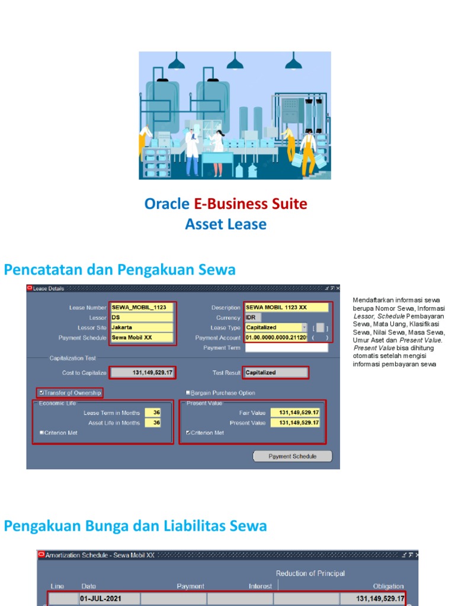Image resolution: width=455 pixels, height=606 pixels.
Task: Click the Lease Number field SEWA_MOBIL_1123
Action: coord(142,308)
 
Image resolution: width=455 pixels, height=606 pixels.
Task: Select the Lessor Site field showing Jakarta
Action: coord(142,327)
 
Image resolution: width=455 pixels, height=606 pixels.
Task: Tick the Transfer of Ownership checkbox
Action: coord(41,392)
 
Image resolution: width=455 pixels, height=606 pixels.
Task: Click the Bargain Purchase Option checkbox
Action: coord(188,392)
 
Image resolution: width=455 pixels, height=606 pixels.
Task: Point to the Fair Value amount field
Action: coord(295,412)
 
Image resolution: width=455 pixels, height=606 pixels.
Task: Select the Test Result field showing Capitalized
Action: coord(276,373)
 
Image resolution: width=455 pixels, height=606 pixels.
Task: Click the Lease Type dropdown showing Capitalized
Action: coord(276,327)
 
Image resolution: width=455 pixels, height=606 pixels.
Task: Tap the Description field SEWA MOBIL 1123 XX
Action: coord(286,308)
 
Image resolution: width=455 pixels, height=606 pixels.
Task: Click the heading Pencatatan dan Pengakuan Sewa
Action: coord(120,270)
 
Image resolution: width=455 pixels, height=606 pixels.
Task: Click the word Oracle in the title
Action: coord(167,204)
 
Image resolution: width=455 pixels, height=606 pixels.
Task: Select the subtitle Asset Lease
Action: coord(226,224)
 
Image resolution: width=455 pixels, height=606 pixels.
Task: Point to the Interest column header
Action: coord(260,586)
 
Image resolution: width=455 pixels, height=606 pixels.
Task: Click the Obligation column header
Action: coord(388,586)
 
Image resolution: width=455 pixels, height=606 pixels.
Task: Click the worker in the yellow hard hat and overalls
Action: coord(307,150)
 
